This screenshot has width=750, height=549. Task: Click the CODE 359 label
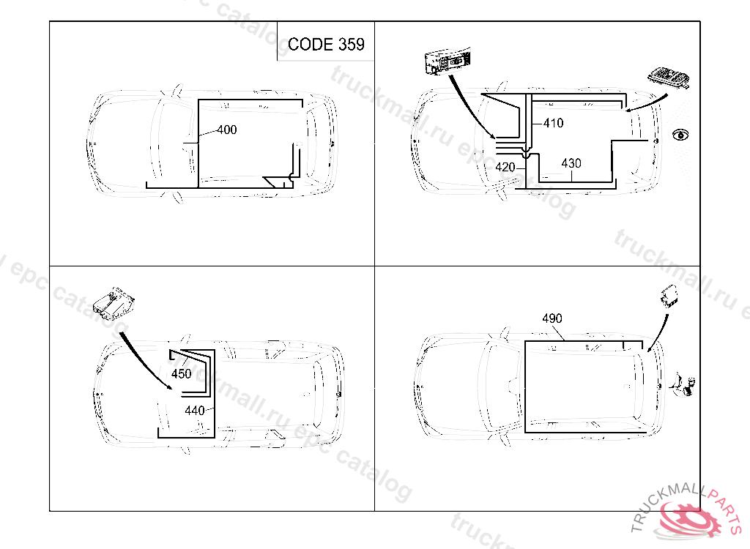point(326,45)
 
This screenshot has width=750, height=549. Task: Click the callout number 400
point(227,130)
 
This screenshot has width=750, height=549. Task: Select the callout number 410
point(554,123)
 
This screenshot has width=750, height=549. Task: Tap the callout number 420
point(505,168)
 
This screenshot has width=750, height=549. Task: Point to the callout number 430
point(571,163)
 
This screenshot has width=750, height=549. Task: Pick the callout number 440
point(195,411)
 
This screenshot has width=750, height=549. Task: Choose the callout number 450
point(182,373)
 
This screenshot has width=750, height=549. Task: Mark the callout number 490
point(552,318)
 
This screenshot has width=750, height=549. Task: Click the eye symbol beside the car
point(680,135)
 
